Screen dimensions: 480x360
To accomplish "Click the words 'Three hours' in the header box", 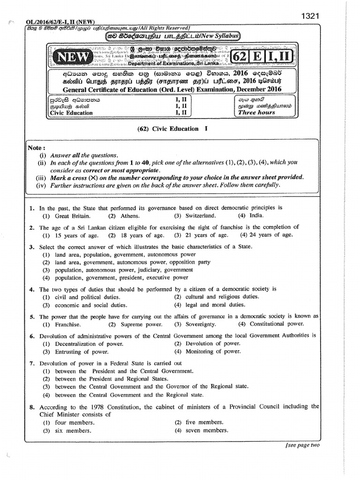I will [256, 112].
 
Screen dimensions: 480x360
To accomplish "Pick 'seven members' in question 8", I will [206, 430].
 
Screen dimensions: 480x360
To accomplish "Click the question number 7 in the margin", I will [31, 363].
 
